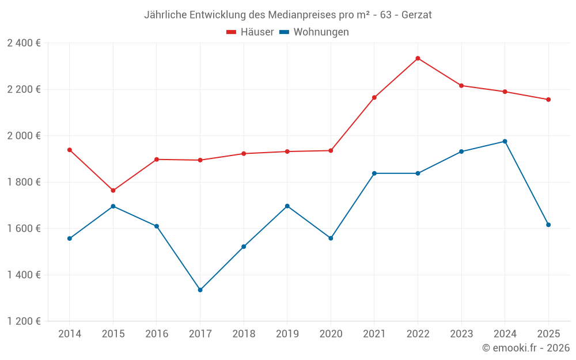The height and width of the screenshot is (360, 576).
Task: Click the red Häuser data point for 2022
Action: [x=418, y=58]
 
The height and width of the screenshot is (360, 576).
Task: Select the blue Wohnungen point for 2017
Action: [x=200, y=290]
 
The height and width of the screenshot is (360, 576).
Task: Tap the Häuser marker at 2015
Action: [x=113, y=191]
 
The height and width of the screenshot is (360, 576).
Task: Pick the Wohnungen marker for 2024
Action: [x=505, y=141]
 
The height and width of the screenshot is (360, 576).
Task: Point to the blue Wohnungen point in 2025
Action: [x=548, y=225]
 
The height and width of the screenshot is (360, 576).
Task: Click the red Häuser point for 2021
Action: [x=374, y=97]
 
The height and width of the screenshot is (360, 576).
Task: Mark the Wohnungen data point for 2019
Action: [x=287, y=206]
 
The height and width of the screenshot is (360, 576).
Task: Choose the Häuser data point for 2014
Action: [x=70, y=150]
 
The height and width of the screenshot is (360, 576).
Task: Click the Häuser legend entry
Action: [x=250, y=32]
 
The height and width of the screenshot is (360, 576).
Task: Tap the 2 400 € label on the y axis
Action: [x=24, y=43]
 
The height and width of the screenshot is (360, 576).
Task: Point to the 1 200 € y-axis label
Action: [x=24, y=321]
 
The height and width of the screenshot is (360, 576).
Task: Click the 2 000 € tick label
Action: [x=24, y=136]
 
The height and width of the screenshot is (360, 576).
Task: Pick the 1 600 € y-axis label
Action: [x=24, y=229]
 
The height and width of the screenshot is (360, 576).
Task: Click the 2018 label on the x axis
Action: [x=244, y=334]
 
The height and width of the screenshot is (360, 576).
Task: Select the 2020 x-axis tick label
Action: [x=331, y=334]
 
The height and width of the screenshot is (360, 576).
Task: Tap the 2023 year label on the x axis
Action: [x=461, y=334]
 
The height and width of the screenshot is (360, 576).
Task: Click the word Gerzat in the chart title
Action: [x=416, y=14]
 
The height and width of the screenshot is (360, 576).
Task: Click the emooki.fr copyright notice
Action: [x=525, y=348]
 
